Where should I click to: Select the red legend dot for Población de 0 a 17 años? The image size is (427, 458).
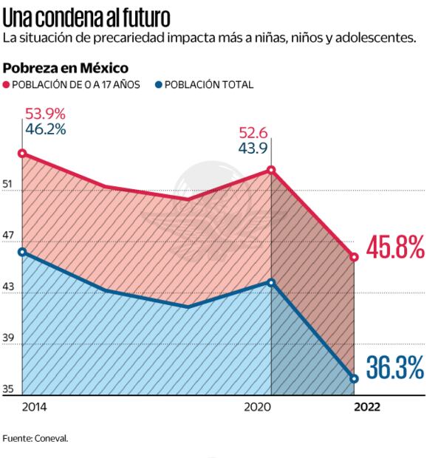7,85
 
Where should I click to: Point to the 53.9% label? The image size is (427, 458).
46,114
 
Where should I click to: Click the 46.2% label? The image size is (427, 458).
46,129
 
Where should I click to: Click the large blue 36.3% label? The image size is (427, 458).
395,367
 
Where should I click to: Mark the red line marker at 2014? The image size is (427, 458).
22,154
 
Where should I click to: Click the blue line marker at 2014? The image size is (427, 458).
22,252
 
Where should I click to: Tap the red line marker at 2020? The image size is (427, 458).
272,170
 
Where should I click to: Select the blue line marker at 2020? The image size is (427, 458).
272,282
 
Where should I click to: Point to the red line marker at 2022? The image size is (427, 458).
355,257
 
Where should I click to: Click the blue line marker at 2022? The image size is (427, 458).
355,378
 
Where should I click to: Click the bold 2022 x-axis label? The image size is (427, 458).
367,407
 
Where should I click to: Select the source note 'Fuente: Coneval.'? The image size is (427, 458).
35,437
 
